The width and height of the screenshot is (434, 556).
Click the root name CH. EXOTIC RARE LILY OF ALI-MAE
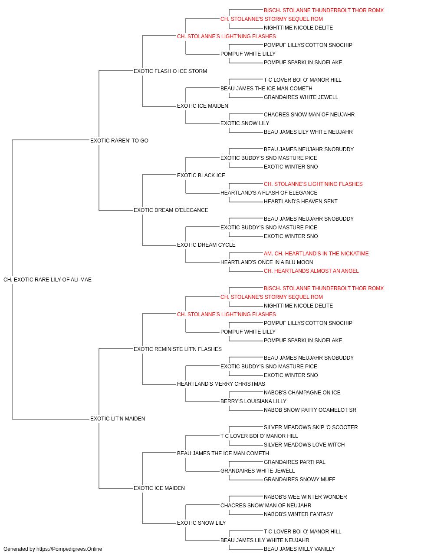tap(48, 280)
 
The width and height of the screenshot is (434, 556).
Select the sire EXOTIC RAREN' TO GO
tap(119, 140)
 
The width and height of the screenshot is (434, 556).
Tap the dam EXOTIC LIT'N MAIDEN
tap(118, 419)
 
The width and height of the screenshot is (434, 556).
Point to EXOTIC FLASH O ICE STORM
tap(170, 71)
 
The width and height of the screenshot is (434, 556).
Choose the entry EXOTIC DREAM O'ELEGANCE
tap(171, 210)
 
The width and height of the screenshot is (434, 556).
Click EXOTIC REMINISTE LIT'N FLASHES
tap(178, 349)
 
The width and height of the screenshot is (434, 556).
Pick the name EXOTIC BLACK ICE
tap(201, 175)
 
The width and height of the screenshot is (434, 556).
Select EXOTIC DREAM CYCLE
tap(206, 245)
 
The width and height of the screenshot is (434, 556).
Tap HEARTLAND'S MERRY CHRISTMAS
tap(221, 384)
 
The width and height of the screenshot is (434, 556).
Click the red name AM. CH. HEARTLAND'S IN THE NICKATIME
tap(316, 254)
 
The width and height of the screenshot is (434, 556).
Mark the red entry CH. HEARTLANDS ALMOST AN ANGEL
tap(311, 271)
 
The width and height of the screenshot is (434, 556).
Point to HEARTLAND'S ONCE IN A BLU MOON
tap(266, 262)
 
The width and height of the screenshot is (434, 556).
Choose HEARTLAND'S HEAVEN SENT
tap(301, 202)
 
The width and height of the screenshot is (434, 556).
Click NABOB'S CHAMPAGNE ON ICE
tap(302, 393)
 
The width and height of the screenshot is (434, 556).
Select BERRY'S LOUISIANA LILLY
tap(253, 401)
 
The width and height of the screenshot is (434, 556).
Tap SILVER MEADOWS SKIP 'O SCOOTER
tap(311, 427)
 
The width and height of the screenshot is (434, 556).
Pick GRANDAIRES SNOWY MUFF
tap(299, 480)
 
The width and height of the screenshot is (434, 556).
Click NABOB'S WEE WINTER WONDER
tap(306, 497)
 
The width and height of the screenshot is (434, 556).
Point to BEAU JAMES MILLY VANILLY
tap(299, 549)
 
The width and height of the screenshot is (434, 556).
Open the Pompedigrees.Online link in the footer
tap(69, 549)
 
